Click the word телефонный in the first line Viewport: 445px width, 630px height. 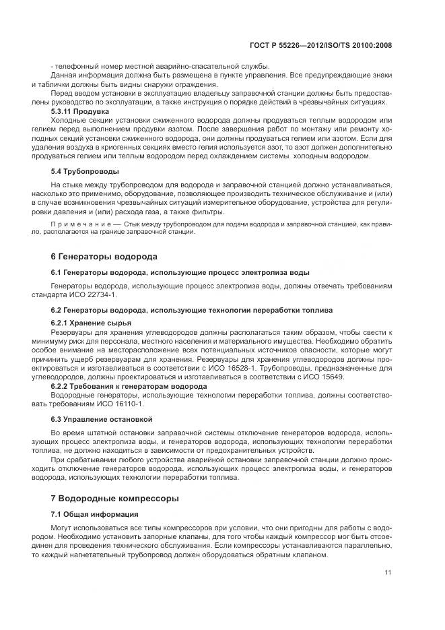click(75, 65)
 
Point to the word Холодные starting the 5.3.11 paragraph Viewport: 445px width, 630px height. click(69, 119)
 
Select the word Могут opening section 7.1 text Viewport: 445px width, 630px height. click(63, 528)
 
